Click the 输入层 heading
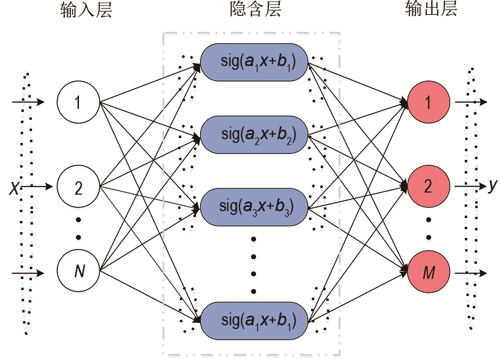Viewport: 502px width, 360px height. (86, 11)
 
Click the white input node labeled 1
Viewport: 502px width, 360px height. (78, 101)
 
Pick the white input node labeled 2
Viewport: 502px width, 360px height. (78, 187)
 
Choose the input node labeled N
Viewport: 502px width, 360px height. (78, 272)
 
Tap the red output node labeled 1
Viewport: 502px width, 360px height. (428, 101)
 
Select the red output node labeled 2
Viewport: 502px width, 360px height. (428, 187)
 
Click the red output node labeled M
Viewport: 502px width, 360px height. (428, 273)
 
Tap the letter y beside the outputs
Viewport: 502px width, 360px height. (492, 186)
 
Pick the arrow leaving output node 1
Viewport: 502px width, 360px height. (469, 101)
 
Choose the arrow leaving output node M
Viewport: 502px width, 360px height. (469, 273)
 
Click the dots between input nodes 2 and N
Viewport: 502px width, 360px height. (78, 228)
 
